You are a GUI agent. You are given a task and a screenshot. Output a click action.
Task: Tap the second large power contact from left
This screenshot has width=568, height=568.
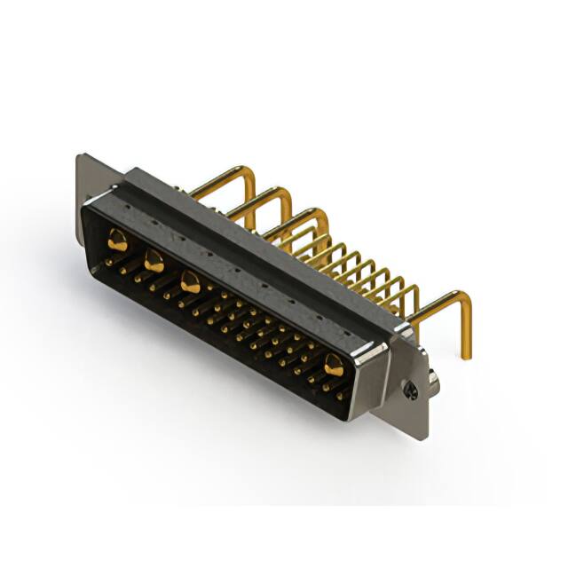(154, 260)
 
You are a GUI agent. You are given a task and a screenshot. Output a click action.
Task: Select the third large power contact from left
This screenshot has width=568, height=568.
(189, 282)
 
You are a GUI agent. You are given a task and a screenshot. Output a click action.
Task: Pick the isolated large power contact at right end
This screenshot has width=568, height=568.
(333, 364)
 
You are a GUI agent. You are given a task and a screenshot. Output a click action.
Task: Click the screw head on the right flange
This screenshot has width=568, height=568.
(408, 388)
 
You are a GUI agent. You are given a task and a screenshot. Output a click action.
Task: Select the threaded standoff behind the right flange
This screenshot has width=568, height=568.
(434, 382)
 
